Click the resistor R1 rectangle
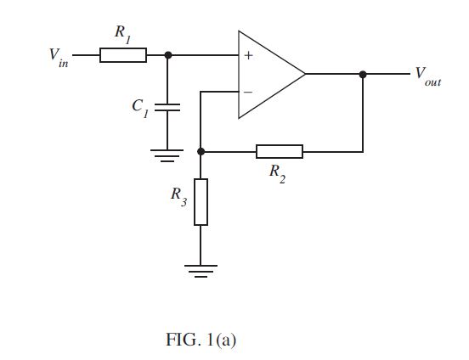click(123, 55)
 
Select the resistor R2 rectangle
click(280, 152)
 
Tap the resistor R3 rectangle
click(201, 202)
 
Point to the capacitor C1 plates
click(167, 107)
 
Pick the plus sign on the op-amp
click(248, 55)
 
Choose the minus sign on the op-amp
click(248, 92)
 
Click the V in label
click(59, 58)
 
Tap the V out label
click(428, 76)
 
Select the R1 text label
click(123, 34)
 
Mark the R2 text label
click(277, 174)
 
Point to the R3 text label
click(179, 197)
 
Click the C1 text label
click(140, 109)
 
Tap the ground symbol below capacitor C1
click(167, 155)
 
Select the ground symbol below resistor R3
click(201, 271)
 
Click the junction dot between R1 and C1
click(168, 55)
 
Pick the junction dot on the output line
click(363, 74)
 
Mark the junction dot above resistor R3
click(201, 152)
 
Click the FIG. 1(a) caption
click(201, 340)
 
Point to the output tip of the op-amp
click(305, 74)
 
